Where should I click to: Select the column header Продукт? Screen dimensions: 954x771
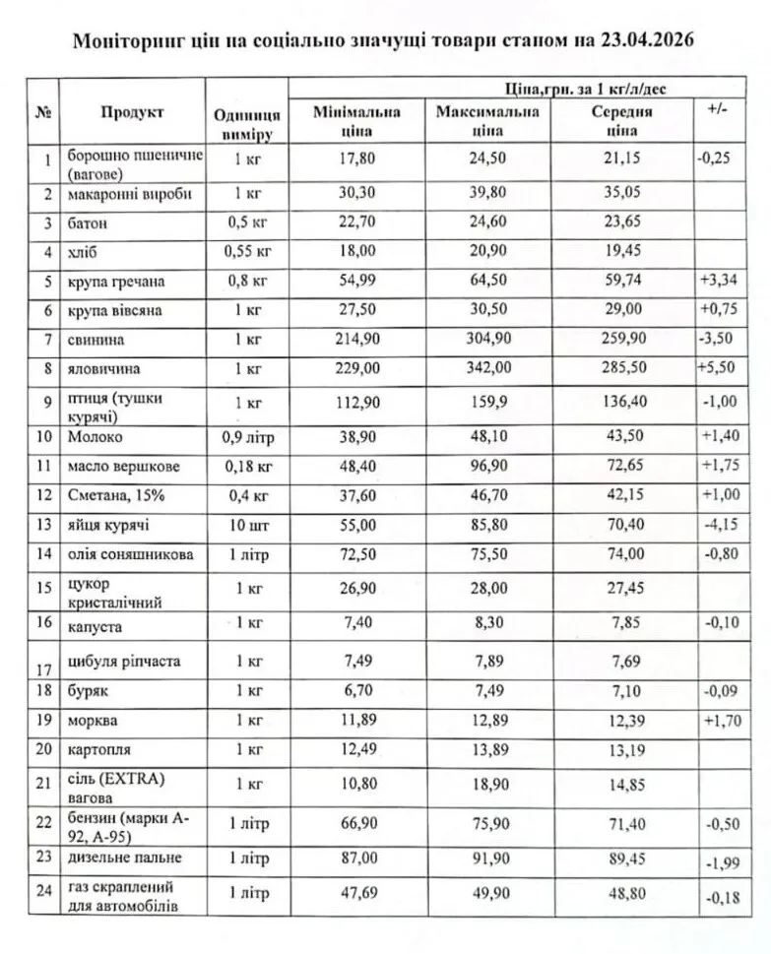point(132,113)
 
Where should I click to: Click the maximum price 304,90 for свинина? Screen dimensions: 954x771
point(487,339)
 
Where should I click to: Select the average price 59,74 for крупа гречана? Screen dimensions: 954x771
point(621,281)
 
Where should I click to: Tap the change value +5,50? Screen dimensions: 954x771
point(719,368)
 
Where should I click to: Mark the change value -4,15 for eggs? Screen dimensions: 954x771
point(719,526)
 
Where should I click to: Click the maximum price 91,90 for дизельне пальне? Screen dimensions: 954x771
point(487,859)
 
